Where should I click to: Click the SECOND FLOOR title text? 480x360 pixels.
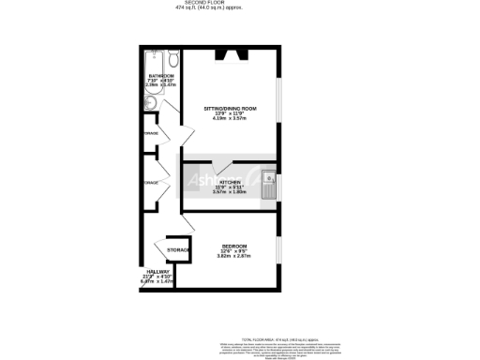(240, 4)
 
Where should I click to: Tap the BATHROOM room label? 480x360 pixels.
(160, 76)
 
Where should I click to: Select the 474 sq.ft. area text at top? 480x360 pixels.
(240, 9)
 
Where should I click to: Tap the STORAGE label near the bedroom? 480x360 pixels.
(178, 250)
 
